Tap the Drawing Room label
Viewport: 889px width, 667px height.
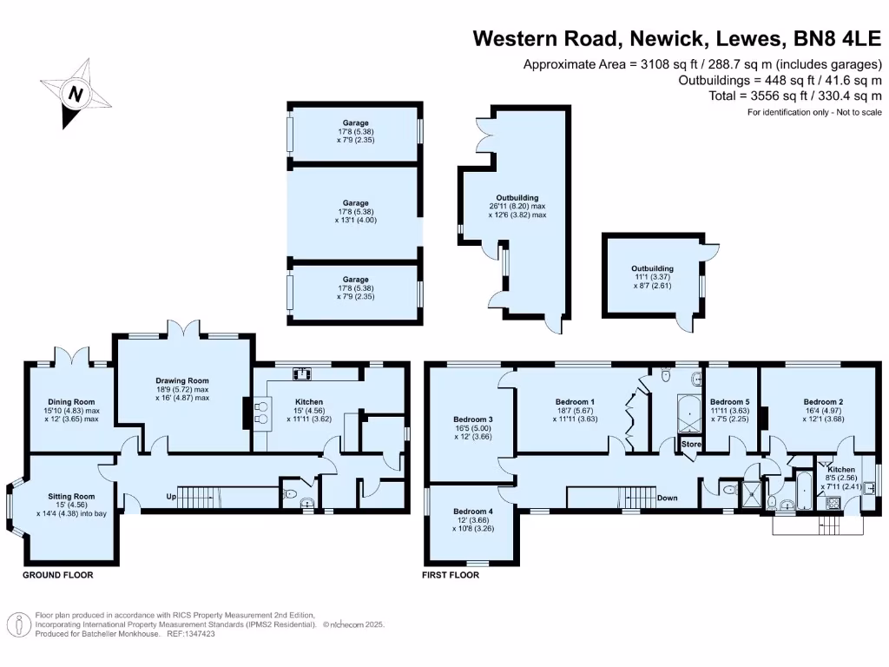182,380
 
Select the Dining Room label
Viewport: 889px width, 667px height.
72,402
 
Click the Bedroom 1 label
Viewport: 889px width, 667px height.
575,401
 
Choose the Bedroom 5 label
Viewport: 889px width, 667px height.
729,401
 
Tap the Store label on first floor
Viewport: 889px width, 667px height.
691,445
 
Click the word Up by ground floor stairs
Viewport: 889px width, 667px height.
173,497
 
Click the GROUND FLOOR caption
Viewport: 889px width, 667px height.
57,575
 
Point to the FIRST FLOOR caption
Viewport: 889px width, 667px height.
451,575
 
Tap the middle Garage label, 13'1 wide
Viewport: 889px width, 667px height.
355,203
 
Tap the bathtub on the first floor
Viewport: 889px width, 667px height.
802,492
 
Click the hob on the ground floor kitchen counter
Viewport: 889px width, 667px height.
303,374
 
